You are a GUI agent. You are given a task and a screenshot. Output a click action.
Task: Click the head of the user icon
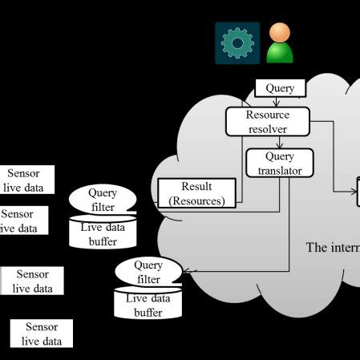click(280, 33)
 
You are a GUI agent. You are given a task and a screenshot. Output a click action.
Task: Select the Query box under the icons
click(280, 88)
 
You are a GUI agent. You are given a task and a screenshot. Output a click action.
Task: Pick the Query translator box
click(279, 163)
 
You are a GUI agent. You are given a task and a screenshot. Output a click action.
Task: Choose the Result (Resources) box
click(197, 193)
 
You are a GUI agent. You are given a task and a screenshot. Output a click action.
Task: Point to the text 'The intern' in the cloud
click(333, 247)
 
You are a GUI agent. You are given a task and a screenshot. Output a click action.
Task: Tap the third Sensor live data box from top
click(32, 281)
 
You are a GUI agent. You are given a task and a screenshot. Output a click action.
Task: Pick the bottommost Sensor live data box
click(42, 334)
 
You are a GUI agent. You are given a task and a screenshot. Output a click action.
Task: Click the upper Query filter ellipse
click(103, 199)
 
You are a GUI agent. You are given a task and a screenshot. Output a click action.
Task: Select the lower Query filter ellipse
click(148, 272)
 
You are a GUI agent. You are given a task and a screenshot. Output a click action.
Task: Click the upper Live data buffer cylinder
click(103, 235)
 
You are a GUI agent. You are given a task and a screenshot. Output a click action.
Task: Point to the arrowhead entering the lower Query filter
click(185, 271)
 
